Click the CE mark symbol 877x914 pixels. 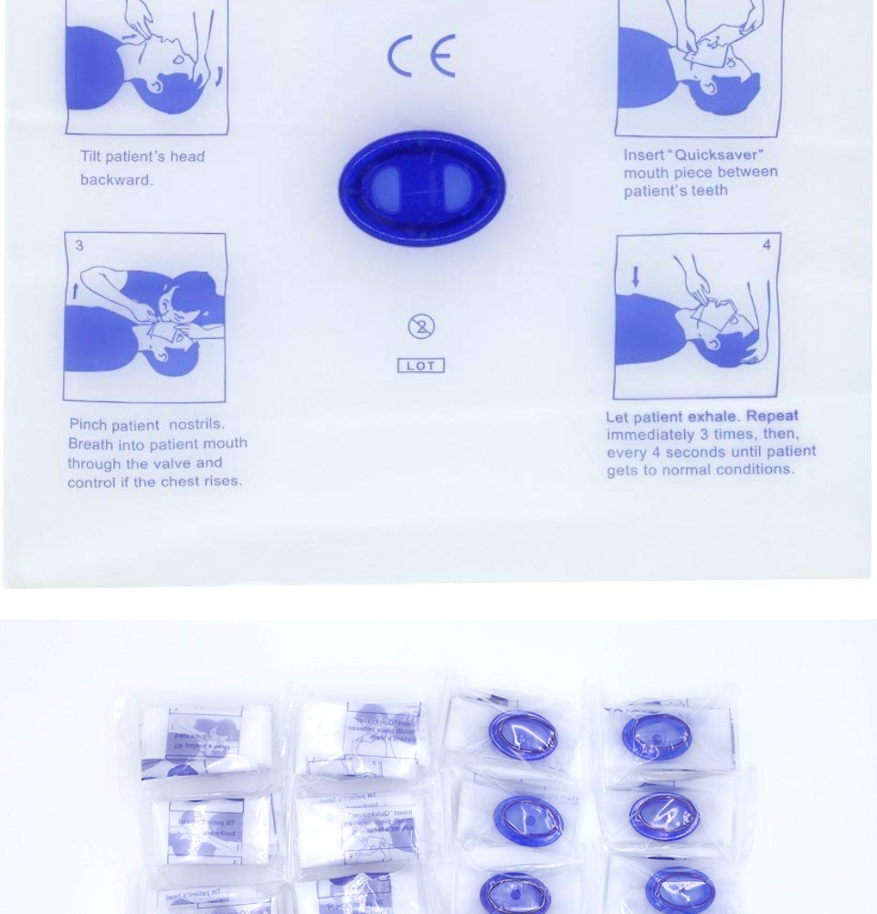pos(420,59)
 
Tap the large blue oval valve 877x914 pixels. pos(421,188)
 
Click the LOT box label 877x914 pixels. pos(420,366)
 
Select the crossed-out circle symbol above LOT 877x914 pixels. pos(420,326)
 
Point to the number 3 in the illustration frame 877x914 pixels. pos(79,246)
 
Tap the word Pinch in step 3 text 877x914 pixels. pos(89,425)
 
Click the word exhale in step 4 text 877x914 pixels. pos(711,417)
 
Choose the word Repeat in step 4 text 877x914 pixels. pos(772,417)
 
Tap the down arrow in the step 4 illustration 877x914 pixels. pos(634,275)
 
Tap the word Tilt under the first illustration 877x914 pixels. pos(93,156)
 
